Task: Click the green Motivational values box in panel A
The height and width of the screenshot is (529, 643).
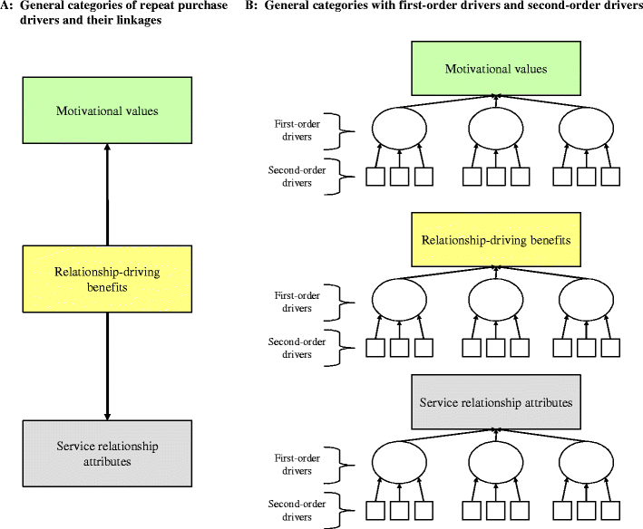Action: pos(107,111)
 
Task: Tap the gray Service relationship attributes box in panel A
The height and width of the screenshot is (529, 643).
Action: pos(107,454)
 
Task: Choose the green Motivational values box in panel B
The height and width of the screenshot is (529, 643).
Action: pos(495,70)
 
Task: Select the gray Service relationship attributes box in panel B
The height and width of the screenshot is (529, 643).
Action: pos(495,400)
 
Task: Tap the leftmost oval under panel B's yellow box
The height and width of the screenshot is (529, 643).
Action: pos(400,299)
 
